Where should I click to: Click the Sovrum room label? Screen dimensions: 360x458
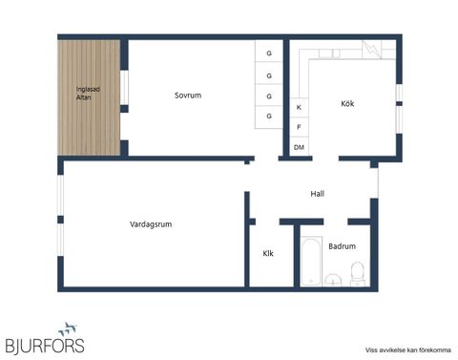coord(188,95)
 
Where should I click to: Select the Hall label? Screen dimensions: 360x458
coord(318,194)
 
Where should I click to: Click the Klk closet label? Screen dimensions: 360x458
coord(269,254)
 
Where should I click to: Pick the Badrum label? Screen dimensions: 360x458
coord(342,246)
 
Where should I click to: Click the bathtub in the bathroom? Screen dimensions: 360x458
coord(309,262)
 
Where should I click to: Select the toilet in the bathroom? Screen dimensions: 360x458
coord(357,276)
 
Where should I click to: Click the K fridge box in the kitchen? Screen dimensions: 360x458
coord(299,108)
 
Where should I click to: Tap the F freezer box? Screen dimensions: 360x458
coord(299,127)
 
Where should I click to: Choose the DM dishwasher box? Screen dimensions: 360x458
coord(299,147)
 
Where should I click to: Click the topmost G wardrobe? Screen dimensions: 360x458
coord(269,53)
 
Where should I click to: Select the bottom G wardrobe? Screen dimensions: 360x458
coord(269,116)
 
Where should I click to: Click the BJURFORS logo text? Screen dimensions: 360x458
coord(44,345)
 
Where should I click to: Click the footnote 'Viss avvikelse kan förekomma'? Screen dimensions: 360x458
coord(407,349)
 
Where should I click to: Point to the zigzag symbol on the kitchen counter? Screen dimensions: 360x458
coord(373,49)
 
